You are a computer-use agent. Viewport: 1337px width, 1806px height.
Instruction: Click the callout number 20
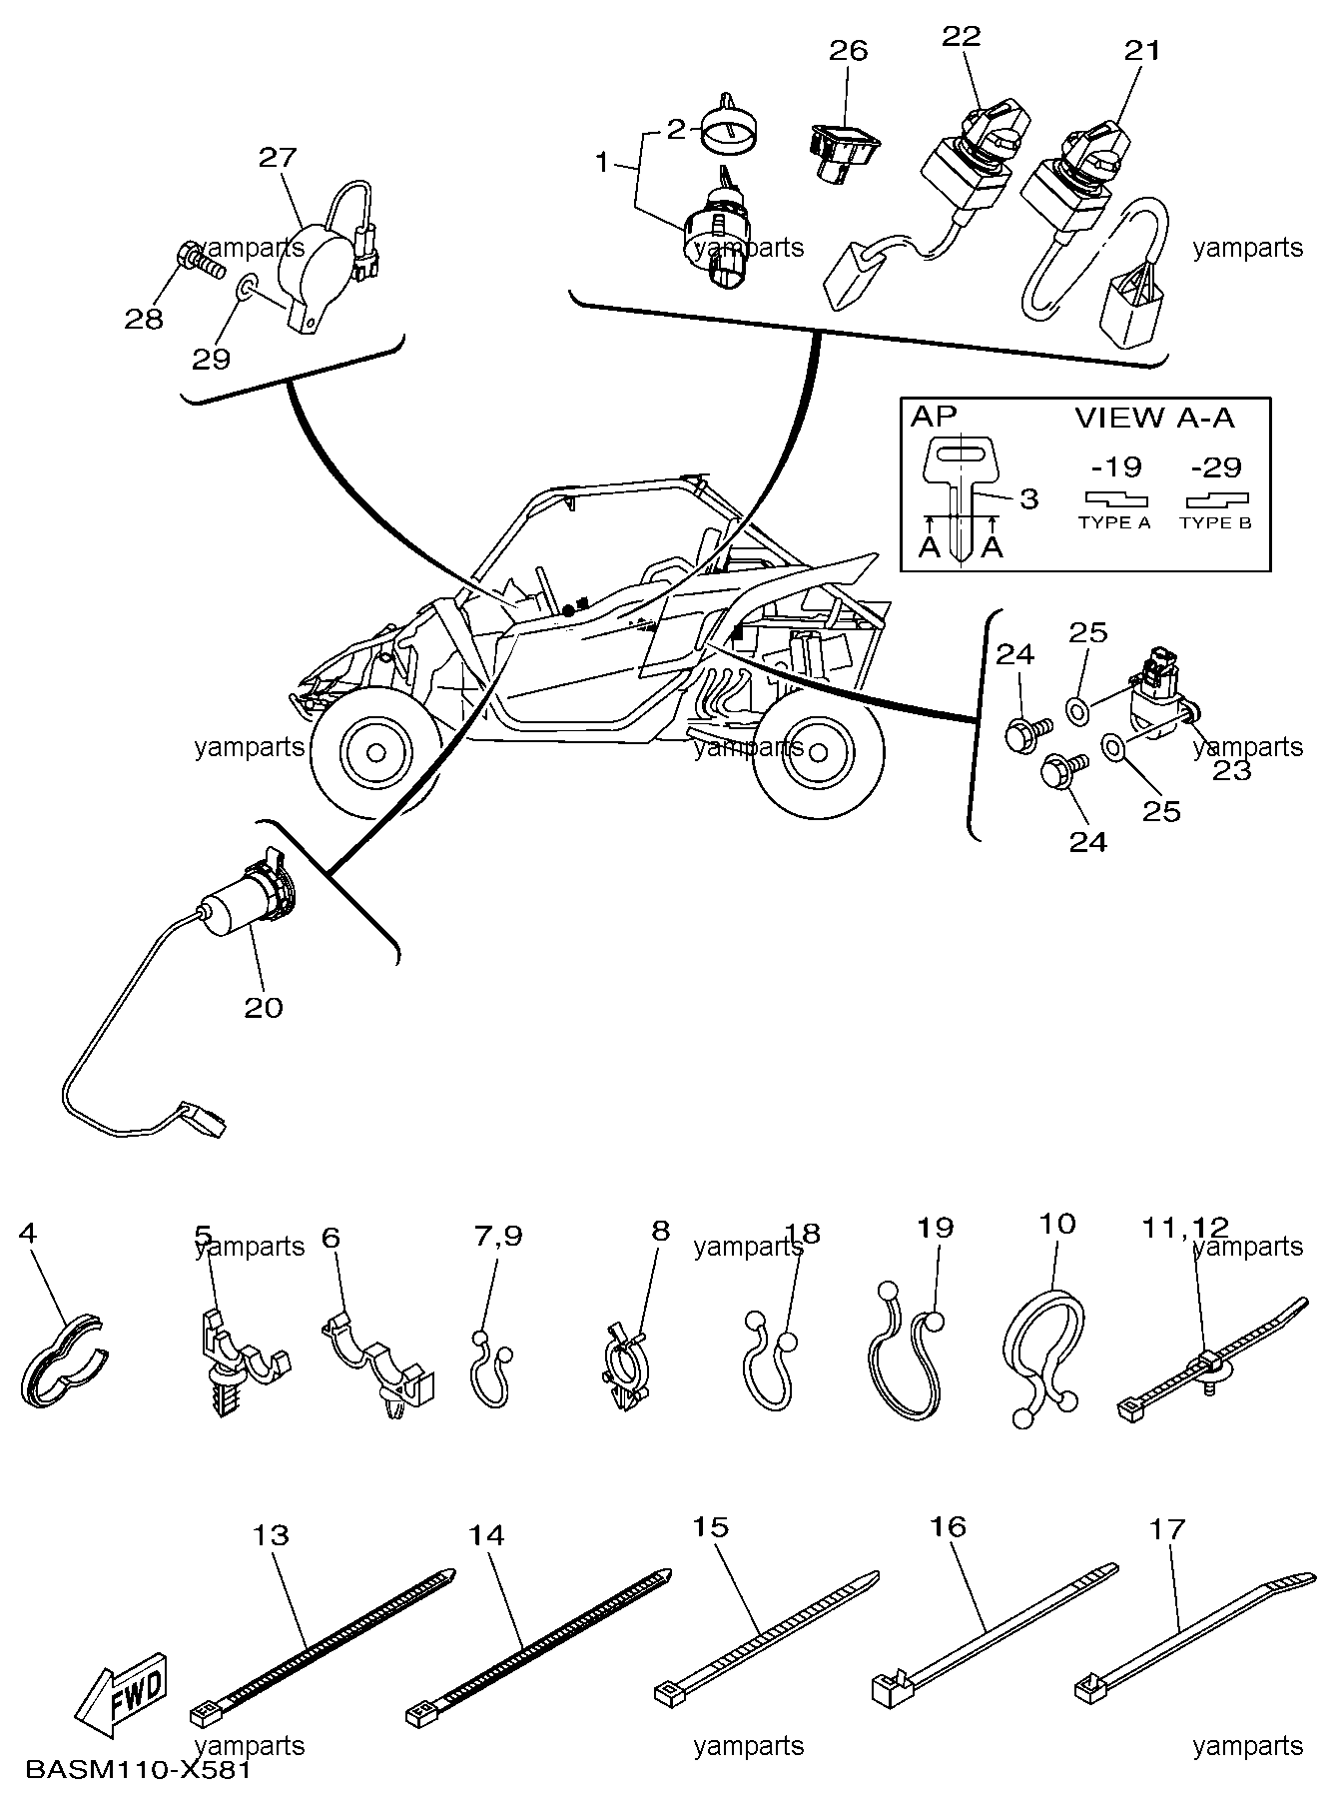click(x=264, y=1007)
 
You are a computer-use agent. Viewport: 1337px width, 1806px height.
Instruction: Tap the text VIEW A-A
click(x=1154, y=418)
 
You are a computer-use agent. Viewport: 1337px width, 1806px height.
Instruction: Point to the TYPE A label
click(x=1114, y=522)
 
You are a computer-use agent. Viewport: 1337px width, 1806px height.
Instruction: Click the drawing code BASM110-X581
click(x=137, y=1772)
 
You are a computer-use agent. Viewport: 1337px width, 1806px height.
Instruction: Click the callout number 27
click(x=278, y=157)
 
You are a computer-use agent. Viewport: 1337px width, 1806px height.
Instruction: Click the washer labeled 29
click(x=247, y=290)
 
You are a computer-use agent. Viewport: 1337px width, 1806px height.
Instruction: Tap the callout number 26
click(x=849, y=49)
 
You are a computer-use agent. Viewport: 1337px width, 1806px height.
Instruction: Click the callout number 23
click(x=1232, y=770)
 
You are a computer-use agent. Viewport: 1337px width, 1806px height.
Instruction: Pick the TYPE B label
click(x=1215, y=522)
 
